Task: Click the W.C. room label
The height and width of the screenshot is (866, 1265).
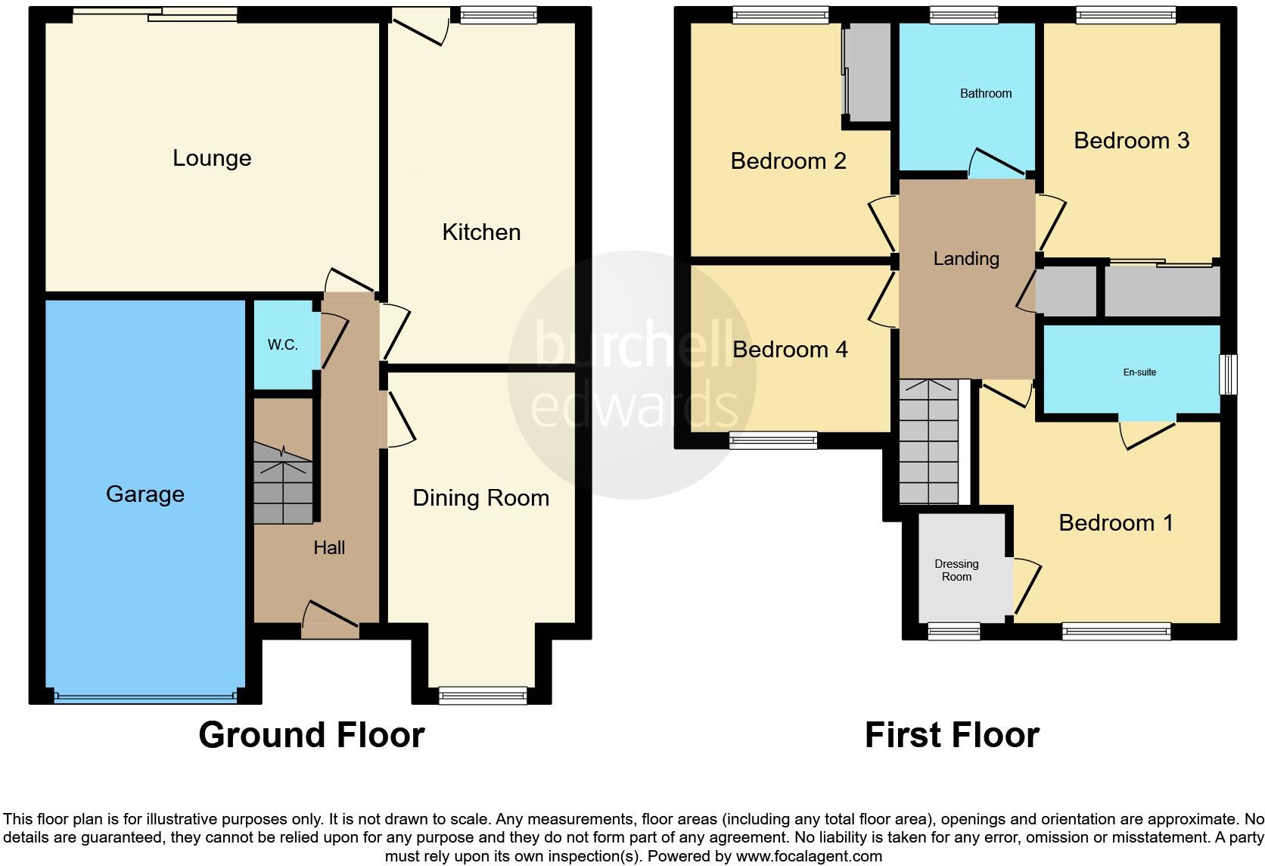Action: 282,345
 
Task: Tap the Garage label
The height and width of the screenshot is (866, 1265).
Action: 145,494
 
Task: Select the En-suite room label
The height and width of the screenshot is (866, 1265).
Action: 1139,372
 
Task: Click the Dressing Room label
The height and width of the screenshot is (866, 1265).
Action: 956,570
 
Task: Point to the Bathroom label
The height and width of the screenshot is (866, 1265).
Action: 985,94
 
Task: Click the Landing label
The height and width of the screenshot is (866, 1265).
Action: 965,259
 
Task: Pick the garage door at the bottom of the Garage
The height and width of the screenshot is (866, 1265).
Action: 145,696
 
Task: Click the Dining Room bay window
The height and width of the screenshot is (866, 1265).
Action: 483,695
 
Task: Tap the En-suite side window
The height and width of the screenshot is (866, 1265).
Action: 1228,374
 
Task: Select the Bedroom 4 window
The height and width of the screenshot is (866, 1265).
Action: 772,440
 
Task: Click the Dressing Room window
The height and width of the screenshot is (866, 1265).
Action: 953,631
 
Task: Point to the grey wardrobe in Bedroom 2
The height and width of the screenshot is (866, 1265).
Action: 869,72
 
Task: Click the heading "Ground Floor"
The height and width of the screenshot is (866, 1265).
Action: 311,735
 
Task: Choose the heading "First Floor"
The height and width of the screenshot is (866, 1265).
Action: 951,735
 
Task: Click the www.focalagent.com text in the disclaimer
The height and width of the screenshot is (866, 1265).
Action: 808,856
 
